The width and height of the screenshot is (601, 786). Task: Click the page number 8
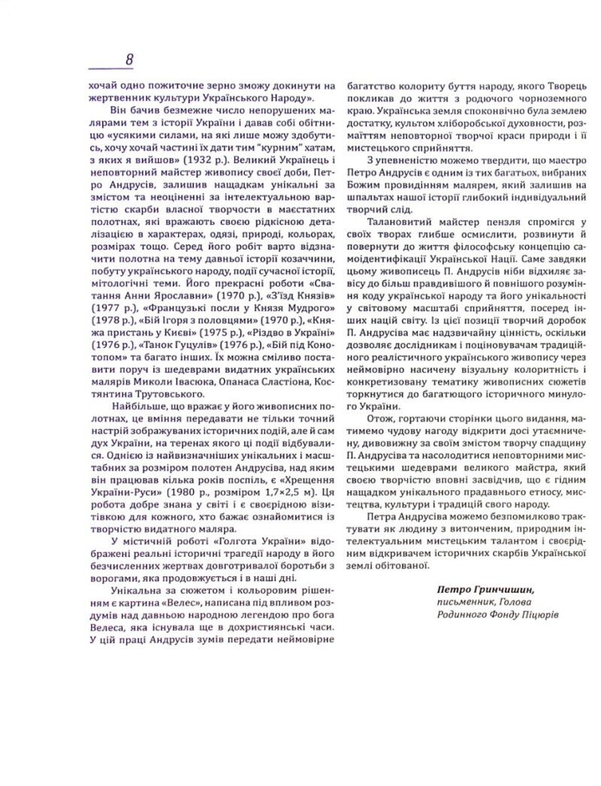[128, 59]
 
